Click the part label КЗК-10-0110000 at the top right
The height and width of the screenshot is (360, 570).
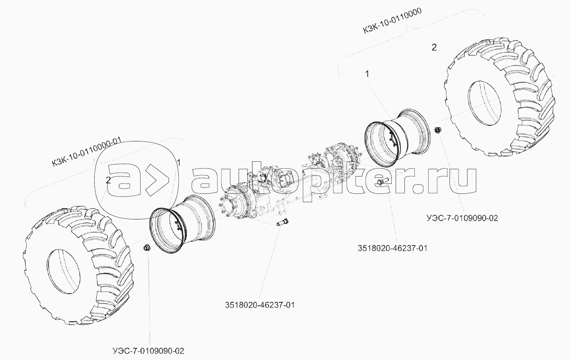tap(392, 20)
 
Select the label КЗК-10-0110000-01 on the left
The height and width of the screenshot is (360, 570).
tap(87, 152)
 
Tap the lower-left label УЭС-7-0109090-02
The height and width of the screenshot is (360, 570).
tap(148, 351)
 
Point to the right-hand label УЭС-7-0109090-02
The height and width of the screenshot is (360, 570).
tap(462, 218)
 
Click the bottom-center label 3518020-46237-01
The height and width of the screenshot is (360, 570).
tap(260, 305)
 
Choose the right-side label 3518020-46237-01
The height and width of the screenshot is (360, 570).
tap(393, 248)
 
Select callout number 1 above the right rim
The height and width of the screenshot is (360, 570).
tap(367, 74)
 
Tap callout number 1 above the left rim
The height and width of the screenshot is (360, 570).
tap(179, 163)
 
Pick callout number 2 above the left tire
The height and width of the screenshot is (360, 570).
tap(108, 180)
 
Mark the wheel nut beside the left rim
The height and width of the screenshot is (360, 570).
tap(147, 248)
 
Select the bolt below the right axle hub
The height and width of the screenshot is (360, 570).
tap(382, 181)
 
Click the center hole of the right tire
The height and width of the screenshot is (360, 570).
tap(484, 103)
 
